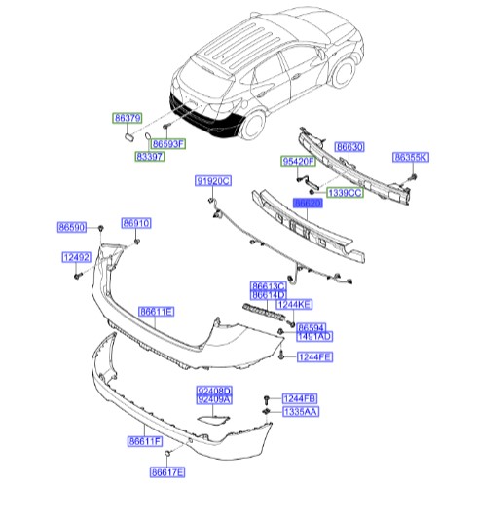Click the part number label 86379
(126, 116)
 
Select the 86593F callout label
(167, 143)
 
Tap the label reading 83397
(150, 156)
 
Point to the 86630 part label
(349, 147)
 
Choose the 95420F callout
(298, 160)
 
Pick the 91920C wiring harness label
(210, 181)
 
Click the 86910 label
(136, 223)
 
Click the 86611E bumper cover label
(156, 311)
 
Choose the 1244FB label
(299, 398)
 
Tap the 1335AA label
(300, 412)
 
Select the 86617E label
(167, 472)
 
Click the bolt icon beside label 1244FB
(265, 400)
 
